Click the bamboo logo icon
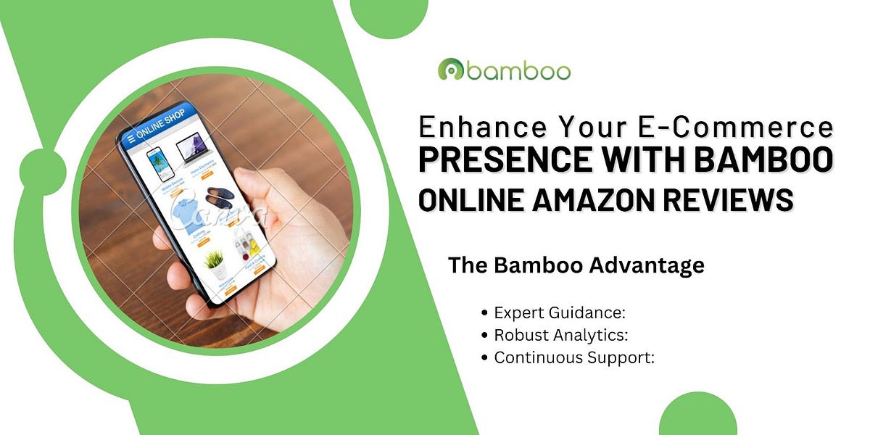[x=451, y=70]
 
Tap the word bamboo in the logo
[x=518, y=70]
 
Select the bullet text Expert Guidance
[x=559, y=313]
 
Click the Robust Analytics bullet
[x=560, y=336]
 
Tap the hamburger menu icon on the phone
[x=130, y=138]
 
